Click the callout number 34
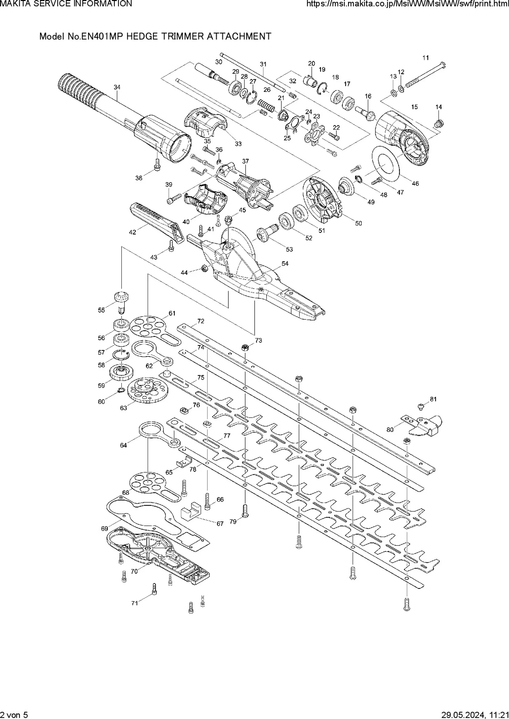pyautogui.click(x=117, y=87)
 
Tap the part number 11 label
pyautogui.click(x=426, y=58)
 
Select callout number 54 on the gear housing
pyautogui.click(x=285, y=263)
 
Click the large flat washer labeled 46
pyautogui.click(x=385, y=164)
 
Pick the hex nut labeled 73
pyautogui.click(x=245, y=348)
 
